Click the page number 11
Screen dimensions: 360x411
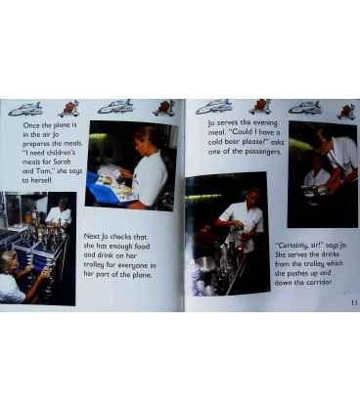point(354,302)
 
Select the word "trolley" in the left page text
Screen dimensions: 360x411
point(94,264)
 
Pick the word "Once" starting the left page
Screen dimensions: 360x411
point(31,125)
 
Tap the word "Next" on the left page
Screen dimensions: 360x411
point(91,236)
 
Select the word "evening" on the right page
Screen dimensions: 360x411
point(265,123)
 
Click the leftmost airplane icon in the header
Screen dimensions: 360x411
point(25,109)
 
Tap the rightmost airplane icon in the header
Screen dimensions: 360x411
point(305,108)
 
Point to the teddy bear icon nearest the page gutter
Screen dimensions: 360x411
point(163,108)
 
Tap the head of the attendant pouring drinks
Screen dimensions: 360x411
point(252,197)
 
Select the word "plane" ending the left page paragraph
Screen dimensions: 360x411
point(141,275)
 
